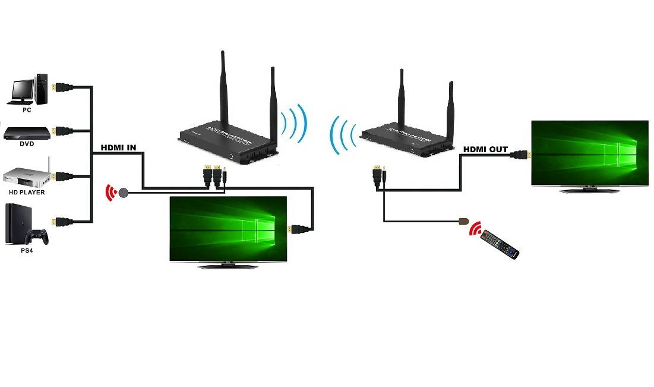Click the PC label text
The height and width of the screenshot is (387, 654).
27,110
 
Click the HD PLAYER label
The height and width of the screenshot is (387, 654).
27,193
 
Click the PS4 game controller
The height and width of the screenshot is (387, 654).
39,237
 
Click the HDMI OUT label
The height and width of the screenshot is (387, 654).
485,149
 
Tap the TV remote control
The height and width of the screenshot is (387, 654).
500,244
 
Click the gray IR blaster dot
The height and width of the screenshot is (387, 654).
124,193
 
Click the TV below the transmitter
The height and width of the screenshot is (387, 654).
229,229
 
